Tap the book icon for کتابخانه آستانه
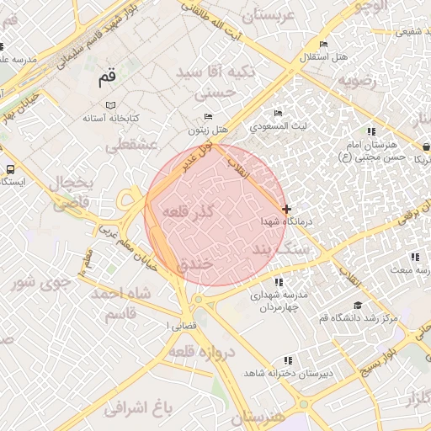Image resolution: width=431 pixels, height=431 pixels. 109,105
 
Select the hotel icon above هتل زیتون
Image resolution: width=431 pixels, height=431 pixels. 209,116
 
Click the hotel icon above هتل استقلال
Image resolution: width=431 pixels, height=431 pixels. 323,45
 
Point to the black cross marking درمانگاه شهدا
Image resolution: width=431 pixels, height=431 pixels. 286,208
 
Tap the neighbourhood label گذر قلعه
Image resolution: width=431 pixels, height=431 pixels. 186,209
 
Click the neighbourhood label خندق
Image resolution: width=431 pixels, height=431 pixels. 196,263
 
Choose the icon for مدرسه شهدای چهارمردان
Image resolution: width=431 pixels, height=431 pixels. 279,282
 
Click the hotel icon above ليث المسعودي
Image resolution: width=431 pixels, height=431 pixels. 279,114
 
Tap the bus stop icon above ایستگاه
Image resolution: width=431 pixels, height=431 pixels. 9,169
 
